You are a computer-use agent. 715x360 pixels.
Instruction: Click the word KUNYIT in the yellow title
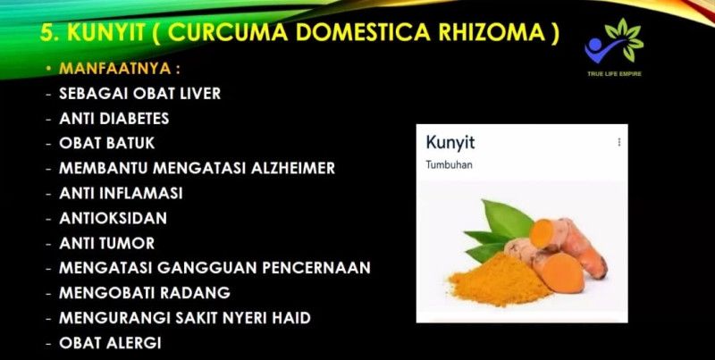click(105, 32)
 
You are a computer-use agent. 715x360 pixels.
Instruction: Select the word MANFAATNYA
click(114, 69)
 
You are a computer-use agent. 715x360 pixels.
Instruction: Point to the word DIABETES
click(134, 119)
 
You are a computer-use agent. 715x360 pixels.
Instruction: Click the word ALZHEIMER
click(293, 168)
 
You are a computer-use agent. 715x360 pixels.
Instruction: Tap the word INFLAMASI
click(141, 193)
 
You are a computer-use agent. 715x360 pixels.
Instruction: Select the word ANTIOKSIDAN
click(114, 218)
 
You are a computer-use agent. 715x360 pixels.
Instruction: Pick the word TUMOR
click(127, 243)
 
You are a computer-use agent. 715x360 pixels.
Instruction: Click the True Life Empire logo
click(614, 46)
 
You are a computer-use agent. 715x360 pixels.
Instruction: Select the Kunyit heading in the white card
click(450, 143)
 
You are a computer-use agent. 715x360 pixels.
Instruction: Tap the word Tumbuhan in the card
click(450, 165)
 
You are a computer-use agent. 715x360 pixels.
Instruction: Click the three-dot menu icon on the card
click(618, 142)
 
